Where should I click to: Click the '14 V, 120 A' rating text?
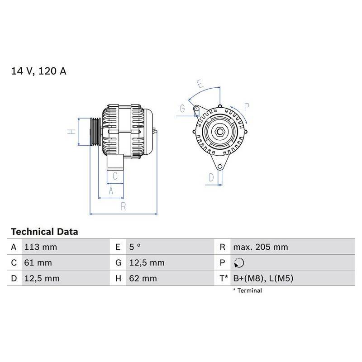pos(38,71)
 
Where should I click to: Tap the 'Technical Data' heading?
pos(44,232)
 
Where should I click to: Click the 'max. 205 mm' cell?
pos(260,247)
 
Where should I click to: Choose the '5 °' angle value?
pos(135,247)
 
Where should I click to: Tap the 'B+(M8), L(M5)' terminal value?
pos(263,278)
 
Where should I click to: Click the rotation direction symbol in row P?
pos(239,262)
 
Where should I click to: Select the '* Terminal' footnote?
pos(247,291)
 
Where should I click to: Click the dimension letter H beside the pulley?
pos(71,132)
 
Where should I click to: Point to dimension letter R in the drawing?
pos(123,207)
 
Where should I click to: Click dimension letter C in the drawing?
pos(115,176)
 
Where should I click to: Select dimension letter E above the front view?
pos(200,84)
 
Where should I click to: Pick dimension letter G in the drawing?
pos(182,109)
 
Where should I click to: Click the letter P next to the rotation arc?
pos(247,107)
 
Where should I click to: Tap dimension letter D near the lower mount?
pos(211,178)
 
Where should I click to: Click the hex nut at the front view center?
pos(220,132)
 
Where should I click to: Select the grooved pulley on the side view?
pos(94,132)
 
